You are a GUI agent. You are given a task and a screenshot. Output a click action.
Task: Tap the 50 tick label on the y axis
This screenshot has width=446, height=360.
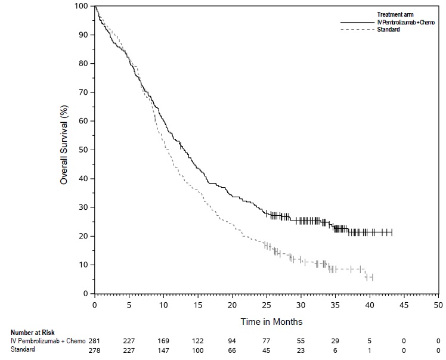click(84, 150)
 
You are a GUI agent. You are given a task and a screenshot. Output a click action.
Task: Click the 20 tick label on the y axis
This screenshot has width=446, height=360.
click(84, 236)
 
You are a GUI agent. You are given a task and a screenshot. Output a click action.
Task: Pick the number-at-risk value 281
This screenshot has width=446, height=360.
click(95, 340)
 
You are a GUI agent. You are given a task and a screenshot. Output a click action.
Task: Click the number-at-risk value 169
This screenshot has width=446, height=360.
click(163, 340)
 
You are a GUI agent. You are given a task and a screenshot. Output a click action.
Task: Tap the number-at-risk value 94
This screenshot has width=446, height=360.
click(231, 340)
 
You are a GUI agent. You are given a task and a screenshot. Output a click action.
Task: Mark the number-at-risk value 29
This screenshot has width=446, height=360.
click(335, 340)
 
